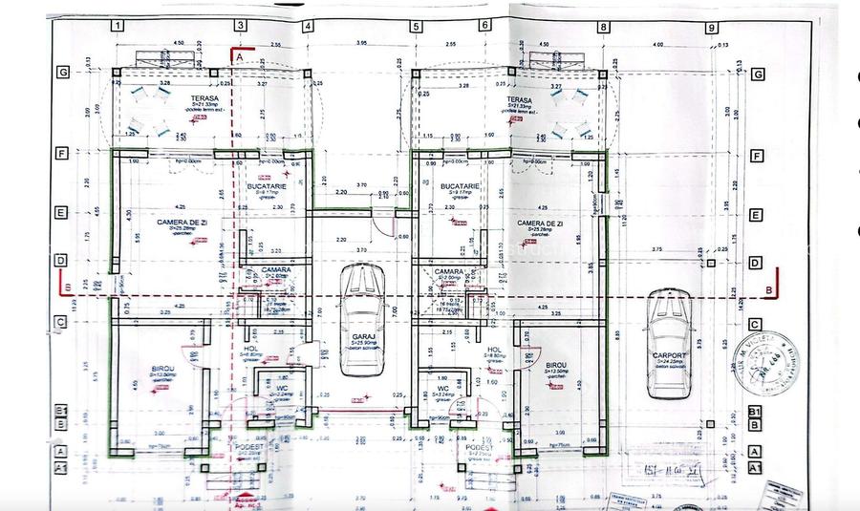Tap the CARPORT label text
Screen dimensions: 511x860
click(x=669, y=353)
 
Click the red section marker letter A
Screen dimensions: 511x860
click(x=240, y=57)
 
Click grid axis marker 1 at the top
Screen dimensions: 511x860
click(x=117, y=27)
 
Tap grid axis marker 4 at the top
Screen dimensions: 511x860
click(x=308, y=27)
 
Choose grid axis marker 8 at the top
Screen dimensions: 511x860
click(x=604, y=27)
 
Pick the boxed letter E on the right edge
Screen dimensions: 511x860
click(x=757, y=215)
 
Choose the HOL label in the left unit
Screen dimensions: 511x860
click(x=251, y=350)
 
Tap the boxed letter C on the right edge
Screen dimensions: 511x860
click(x=757, y=325)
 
